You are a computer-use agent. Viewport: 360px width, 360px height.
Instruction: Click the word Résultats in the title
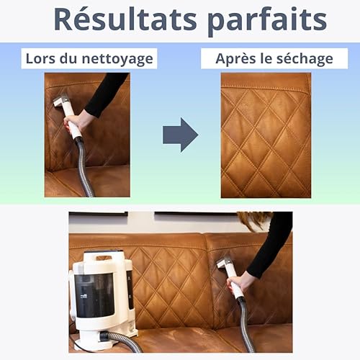point(125,19)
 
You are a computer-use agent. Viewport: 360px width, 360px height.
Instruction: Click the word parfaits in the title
point(267,22)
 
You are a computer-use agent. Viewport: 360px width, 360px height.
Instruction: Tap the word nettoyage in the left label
point(117,59)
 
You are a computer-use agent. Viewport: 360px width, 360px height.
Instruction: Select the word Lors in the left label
point(40,58)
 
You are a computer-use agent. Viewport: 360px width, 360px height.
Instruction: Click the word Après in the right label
point(235,59)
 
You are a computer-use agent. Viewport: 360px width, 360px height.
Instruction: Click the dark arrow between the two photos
point(181,135)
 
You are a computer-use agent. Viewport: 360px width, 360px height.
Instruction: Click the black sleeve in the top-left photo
point(106,94)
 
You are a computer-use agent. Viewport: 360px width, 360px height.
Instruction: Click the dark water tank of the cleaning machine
point(94,294)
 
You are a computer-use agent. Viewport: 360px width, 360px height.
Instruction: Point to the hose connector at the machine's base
point(106,336)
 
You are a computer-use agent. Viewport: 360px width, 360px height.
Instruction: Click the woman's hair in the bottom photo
point(254,220)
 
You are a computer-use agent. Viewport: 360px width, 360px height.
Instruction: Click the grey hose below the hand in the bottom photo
point(245,324)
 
